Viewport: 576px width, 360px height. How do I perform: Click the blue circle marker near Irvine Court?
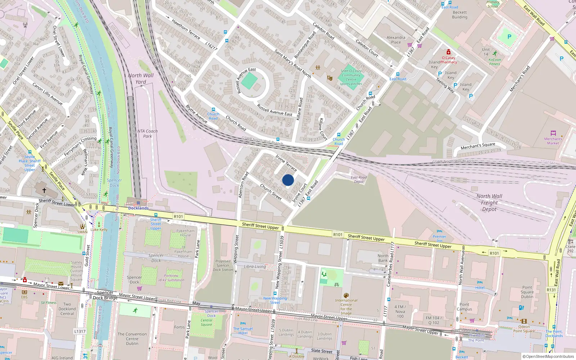pyautogui.click(x=288, y=180)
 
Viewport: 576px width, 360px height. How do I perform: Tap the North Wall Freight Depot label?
pyautogui.click(x=489, y=203)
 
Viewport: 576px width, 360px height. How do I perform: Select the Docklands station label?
pyautogui.click(x=138, y=208)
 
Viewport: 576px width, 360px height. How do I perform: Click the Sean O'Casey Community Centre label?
pyautogui.click(x=351, y=77)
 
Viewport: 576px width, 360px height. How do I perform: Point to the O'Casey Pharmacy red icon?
pyautogui.click(x=448, y=52)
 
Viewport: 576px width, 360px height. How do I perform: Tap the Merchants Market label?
pyautogui.click(x=553, y=141)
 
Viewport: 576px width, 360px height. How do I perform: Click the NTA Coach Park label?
pyautogui.click(x=148, y=134)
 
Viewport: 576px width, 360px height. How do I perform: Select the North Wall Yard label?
pyautogui.click(x=141, y=78)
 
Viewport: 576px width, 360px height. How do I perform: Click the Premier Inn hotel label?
pyautogui.click(x=440, y=238)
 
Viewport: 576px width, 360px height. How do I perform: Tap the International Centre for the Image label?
pyautogui.click(x=346, y=307)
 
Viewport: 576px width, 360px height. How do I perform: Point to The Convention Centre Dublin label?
pyautogui.click(x=132, y=339)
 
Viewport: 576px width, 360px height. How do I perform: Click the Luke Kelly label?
pyautogui.click(x=99, y=230)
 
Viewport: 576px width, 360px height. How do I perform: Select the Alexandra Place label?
pyautogui.click(x=396, y=40)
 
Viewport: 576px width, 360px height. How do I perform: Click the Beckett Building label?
pyautogui.click(x=460, y=15)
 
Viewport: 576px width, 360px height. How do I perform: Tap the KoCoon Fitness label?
pyautogui.click(x=495, y=62)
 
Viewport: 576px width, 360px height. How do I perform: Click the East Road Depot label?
pyautogui.click(x=359, y=179)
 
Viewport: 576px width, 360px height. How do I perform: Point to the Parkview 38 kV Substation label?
pyautogui.click(x=171, y=278)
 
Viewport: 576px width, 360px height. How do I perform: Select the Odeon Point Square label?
pyautogui.click(x=524, y=329)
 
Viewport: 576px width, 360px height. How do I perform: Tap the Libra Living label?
pyautogui.click(x=255, y=267)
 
